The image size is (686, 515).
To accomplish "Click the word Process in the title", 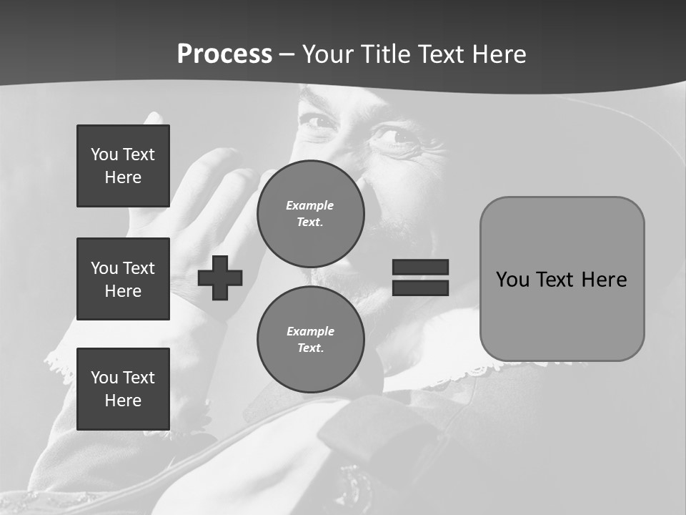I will pyautogui.click(x=224, y=54).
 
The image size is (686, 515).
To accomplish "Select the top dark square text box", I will pyautogui.click(x=123, y=166).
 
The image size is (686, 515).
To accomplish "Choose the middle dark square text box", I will pyautogui.click(x=123, y=279).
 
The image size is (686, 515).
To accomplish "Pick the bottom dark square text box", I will pyautogui.click(x=123, y=389).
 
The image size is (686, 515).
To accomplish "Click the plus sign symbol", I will pyautogui.click(x=220, y=278).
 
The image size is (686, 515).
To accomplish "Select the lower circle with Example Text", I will pyautogui.click(x=310, y=340).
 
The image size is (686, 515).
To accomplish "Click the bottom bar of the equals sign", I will pyautogui.click(x=420, y=288).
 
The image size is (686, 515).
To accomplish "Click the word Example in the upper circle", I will pyautogui.click(x=310, y=205).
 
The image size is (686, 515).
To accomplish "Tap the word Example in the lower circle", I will pyautogui.click(x=310, y=331).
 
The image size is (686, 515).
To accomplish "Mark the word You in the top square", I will pyautogui.click(x=104, y=154).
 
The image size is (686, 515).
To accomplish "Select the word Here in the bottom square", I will pyautogui.click(x=123, y=401).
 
